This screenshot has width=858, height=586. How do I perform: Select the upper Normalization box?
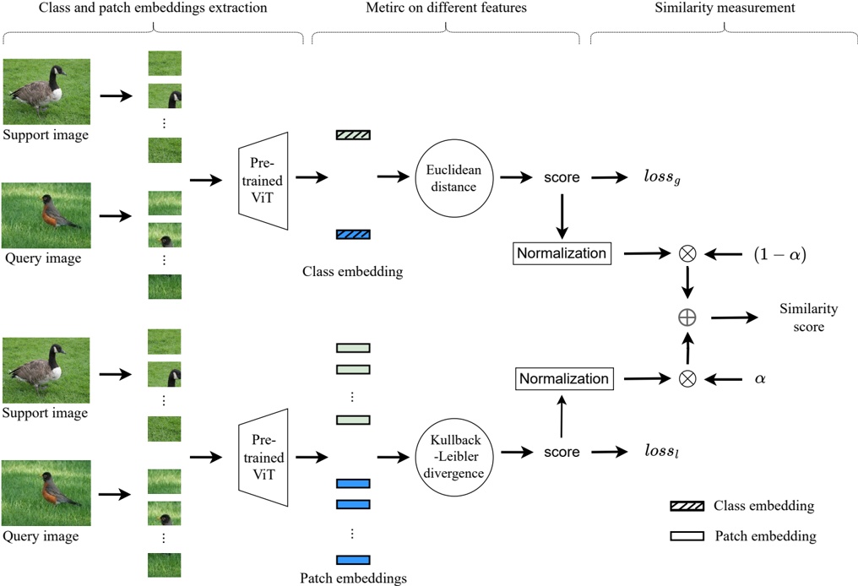pos(562,252)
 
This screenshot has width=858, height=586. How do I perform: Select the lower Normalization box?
pos(564,378)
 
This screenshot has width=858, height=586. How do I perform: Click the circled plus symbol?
pos(687,317)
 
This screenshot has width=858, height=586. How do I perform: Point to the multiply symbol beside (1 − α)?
pos(687,252)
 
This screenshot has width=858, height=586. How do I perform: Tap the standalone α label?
pos(759,379)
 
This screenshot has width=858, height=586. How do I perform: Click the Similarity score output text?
pos(808,317)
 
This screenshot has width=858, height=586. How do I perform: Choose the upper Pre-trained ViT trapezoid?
pos(263,180)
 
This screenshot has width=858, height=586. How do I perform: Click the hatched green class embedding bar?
pos(353,135)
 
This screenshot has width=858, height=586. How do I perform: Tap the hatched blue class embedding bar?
pos(353,234)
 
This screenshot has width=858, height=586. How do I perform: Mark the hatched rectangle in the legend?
pos(687,506)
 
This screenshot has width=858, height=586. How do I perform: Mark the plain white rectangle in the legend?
pos(687,535)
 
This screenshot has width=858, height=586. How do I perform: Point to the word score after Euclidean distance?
pos(562,178)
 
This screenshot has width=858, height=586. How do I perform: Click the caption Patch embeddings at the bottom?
pos(353,578)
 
